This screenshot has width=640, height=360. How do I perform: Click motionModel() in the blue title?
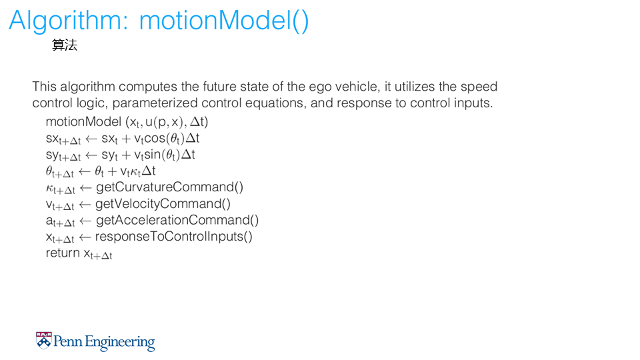coord(224,21)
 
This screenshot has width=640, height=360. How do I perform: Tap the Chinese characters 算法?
coord(65,45)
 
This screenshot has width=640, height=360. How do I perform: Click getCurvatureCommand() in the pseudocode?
coord(170,187)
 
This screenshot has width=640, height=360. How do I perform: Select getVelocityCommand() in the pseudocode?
coord(163,204)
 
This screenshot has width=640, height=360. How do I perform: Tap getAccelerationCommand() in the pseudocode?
coord(177,221)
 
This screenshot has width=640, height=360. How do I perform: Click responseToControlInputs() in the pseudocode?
coord(174,236)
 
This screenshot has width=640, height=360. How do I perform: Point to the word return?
coord(63,253)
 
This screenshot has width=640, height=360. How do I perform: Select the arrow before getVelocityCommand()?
coord(85,204)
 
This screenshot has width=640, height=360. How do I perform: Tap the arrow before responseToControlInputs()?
coord(85,237)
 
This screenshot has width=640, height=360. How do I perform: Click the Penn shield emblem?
coord(44,341)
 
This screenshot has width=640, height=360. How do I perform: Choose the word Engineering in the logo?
coord(120,343)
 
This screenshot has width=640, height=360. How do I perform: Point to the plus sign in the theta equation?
coord(112,171)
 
